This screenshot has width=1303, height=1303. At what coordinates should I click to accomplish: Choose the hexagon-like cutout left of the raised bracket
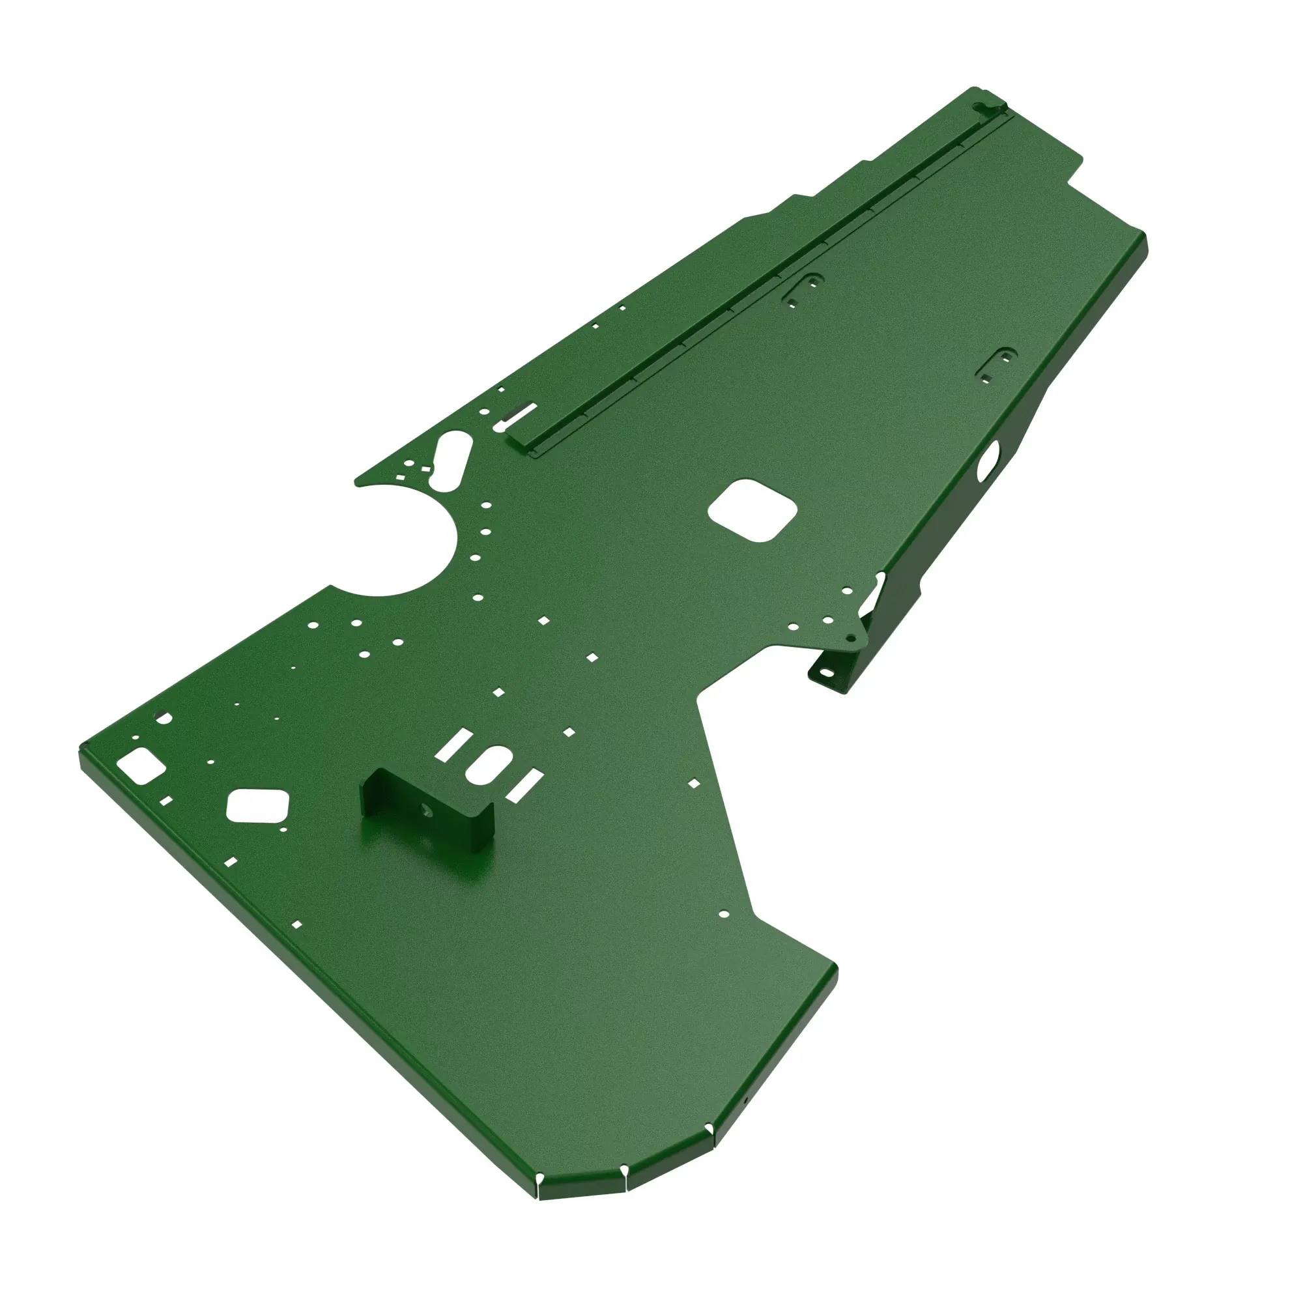pyautogui.click(x=257, y=805)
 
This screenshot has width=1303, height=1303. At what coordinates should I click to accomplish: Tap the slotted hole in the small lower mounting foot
pyautogui.click(x=825, y=672)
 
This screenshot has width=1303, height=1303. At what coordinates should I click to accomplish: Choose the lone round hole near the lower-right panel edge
pyautogui.click(x=723, y=915)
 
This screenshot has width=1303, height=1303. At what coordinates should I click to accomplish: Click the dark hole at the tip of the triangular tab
pyautogui.click(x=852, y=637)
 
